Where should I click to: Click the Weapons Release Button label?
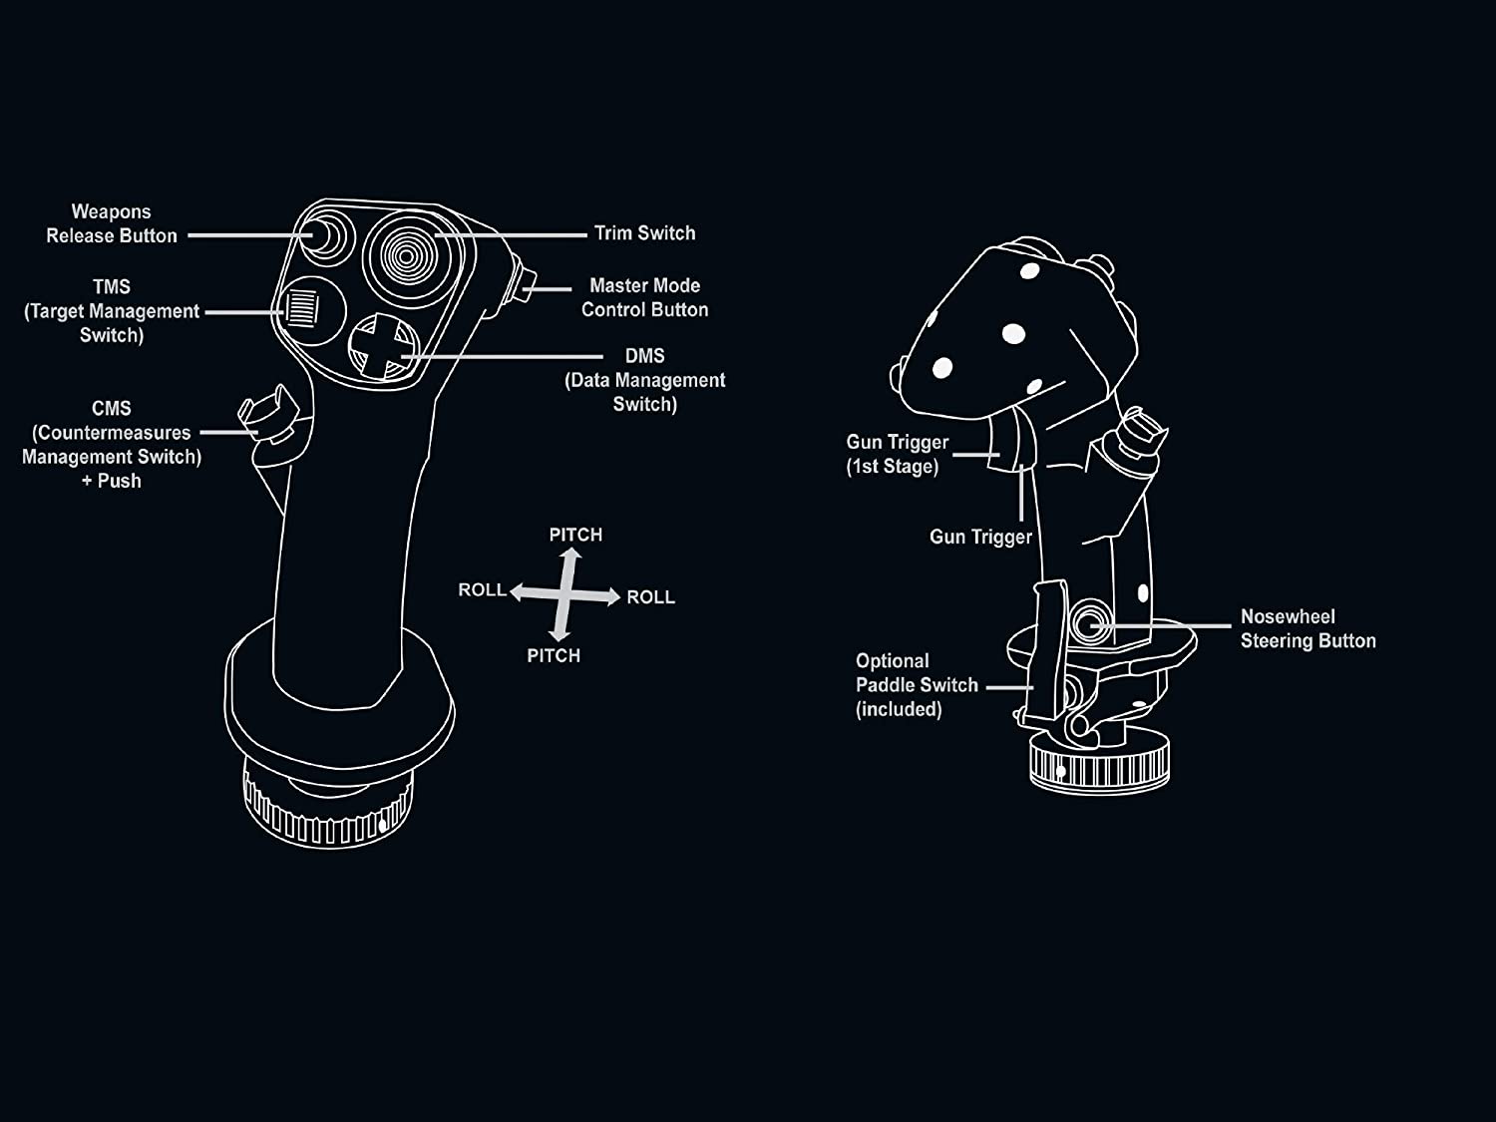pyautogui.click(x=111, y=223)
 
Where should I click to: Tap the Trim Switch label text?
pyautogui.click(x=644, y=233)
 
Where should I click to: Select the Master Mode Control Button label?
pyautogui.click(x=644, y=297)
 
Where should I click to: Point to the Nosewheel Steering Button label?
pyautogui.click(x=1307, y=628)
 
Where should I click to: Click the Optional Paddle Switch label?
pyautogui.click(x=916, y=685)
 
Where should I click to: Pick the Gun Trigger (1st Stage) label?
pyautogui.click(x=897, y=454)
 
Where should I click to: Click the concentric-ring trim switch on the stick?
pyautogui.click(x=405, y=256)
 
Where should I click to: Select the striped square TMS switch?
pyautogui.click(x=301, y=308)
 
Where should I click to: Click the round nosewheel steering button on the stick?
pyautogui.click(x=1090, y=623)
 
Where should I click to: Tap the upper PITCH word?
pyautogui.click(x=575, y=535)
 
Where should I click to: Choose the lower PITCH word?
pyautogui.click(x=554, y=655)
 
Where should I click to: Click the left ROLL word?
pyautogui.click(x=482, y=589)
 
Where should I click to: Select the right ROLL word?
pyautogui.click(x=650, y=597)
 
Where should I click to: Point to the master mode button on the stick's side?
pyautogui.click(x=526, y=287)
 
